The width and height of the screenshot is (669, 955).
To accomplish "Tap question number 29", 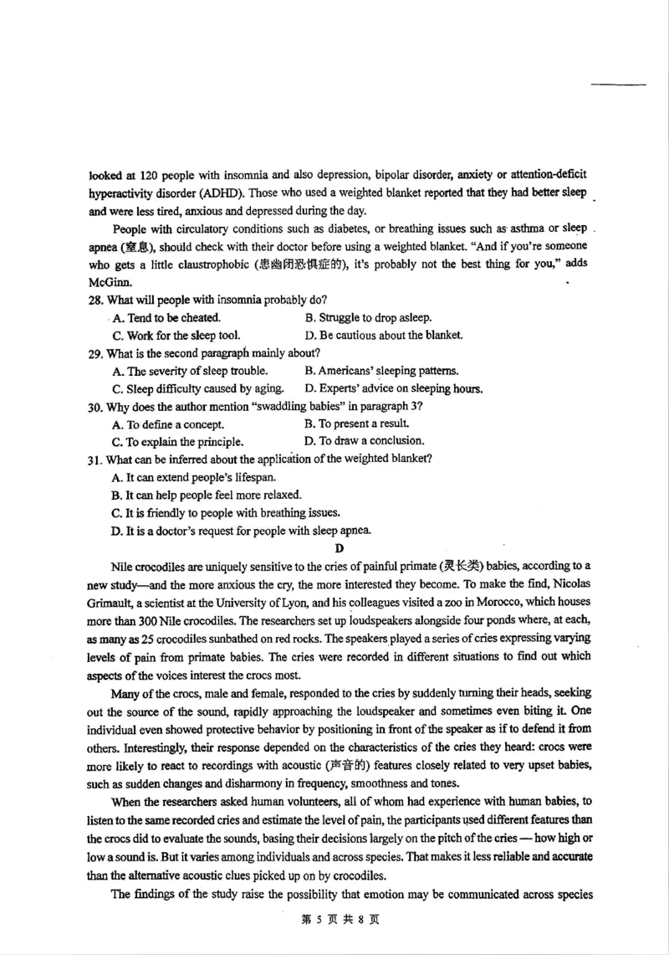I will click(x=95, y=353).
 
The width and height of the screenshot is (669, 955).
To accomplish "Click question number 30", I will click(x=95, y=407).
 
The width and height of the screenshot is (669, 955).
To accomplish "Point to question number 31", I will click(x=94, y=460).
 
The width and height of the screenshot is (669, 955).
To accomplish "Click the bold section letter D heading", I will click(x=339, y=549).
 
